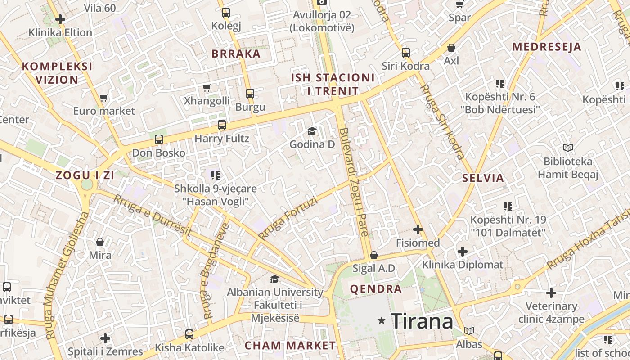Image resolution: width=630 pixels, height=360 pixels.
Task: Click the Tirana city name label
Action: tap(422, 321)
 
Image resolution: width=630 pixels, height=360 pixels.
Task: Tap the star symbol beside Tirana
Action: tap(382, 320)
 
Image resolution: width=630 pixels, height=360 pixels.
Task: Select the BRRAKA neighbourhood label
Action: tap(236, 54)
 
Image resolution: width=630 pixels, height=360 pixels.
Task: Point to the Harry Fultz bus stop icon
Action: tap(221, 125)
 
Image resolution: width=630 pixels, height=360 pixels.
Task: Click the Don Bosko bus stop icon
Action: tap(159, 139)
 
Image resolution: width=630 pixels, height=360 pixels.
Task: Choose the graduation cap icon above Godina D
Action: tap(312, 131)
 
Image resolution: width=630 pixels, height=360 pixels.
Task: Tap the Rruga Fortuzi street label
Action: tap(288, 219)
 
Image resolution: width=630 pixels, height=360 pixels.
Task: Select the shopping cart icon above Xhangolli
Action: tap(207, 88)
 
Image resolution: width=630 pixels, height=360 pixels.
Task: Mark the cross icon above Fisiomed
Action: tap(418, 229)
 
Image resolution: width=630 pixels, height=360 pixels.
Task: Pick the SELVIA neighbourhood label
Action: tap(483, 178)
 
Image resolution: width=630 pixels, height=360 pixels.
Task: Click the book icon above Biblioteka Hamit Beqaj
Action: tap(568, 148)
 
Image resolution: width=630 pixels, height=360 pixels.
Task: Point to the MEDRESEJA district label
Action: tap(547, 47)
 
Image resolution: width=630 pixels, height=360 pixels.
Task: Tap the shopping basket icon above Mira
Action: tap(100, 242)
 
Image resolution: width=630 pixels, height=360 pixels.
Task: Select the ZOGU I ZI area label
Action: tap(85, 175)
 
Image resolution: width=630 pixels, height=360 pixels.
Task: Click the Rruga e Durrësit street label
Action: tap(153, 216)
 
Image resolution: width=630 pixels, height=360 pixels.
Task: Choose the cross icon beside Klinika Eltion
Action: tap(60, 19)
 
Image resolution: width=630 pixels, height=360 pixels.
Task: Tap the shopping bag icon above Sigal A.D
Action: tap(373, 256)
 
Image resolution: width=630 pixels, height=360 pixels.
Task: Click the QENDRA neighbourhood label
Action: tap(376, 289)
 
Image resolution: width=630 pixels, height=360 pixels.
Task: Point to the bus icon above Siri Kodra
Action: tap(406, 53)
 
